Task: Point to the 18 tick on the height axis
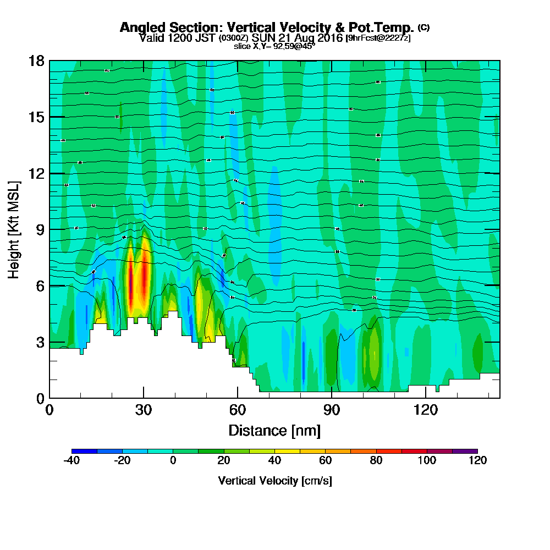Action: point(37,61)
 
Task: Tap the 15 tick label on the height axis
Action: point(37,117)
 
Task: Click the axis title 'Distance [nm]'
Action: point(274,430)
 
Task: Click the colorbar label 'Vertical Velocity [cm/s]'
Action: point(275,481)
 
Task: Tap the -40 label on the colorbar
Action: point(73,461)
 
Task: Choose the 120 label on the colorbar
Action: point(477,461)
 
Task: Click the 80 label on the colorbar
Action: point(376,461)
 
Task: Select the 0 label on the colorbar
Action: point(173,461)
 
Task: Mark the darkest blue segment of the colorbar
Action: point(85,451)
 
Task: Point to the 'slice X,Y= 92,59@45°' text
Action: point(274,47)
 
